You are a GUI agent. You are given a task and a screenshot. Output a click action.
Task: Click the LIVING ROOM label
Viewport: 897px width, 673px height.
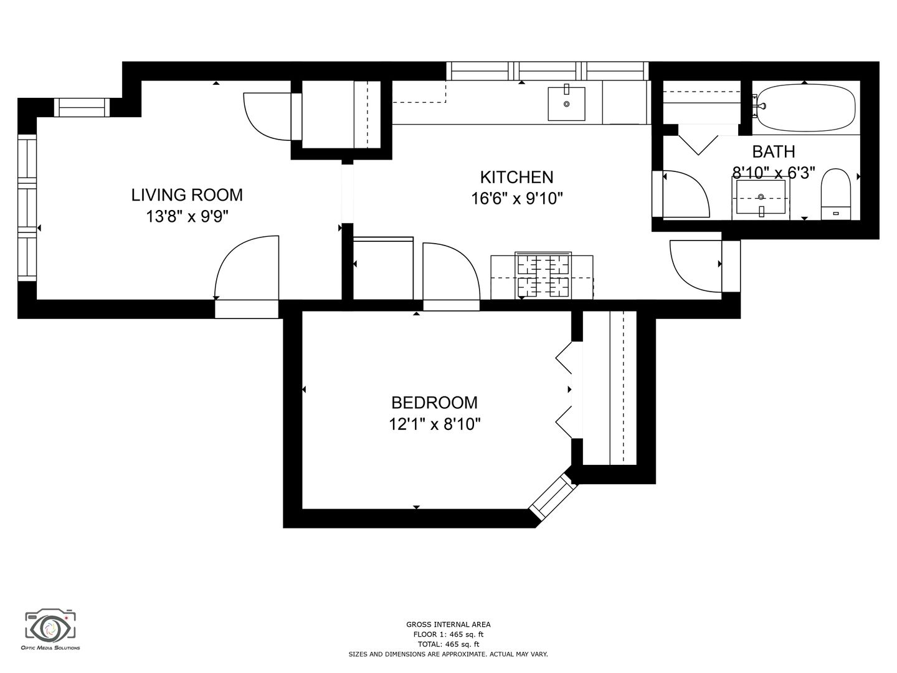coord(187,195)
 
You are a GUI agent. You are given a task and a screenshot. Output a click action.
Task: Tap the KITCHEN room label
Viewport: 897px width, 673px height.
coord(516,178)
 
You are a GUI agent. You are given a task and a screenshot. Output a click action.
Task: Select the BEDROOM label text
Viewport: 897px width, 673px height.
coord(434,403)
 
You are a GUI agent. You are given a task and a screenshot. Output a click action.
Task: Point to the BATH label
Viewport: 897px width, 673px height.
coord(774,151)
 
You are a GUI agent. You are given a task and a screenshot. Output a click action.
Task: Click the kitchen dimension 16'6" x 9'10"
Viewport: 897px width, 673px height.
coord(517,199)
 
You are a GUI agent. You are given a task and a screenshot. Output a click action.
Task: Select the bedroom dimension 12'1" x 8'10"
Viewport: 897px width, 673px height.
coord(434,424)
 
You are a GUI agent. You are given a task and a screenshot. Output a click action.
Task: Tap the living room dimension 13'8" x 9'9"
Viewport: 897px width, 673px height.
coord(187,217)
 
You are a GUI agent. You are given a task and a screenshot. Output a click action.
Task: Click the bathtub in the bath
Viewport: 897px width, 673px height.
coord(805,107)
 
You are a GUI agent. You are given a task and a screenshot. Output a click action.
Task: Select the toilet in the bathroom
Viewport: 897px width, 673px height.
coord(836,194)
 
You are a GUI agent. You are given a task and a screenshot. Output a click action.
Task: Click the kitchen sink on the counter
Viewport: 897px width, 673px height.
coord(566,103)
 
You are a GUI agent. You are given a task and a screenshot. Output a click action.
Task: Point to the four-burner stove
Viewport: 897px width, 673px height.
coord(543,275)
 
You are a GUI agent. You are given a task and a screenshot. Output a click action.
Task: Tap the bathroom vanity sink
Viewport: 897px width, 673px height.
coord(761,198)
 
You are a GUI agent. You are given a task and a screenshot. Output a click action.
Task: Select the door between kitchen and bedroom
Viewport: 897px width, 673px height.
coord(451,272)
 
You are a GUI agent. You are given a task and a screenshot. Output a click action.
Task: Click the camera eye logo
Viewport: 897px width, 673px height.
coord(50,629)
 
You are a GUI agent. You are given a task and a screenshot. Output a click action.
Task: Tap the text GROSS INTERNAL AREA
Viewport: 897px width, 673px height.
coord(448,624)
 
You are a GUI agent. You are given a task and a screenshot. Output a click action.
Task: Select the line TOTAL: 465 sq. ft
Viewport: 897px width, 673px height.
coord(448,644)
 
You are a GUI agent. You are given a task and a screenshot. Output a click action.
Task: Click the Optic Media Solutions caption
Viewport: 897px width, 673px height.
coord(50,659)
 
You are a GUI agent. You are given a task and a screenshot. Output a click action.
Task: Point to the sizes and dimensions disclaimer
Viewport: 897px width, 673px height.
coord(448,654)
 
